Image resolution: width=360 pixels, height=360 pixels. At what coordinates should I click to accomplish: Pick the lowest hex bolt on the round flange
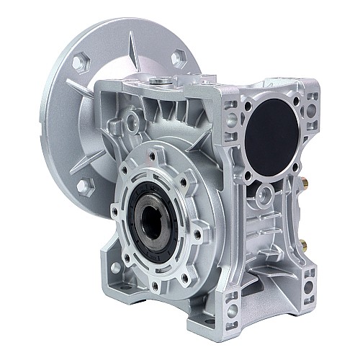click(x=84, y=186)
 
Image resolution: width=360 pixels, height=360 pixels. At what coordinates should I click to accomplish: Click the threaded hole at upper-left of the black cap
click(x=248, y=105)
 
